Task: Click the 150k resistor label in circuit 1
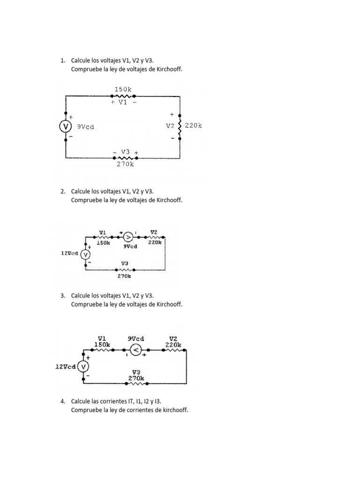[x=123, y=89]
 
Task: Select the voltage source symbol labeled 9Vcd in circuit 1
[x=66, y=127]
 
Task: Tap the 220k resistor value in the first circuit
[x=193, y=126]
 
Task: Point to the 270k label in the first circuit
[x=125, y=165]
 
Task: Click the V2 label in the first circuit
[x=170, y=126]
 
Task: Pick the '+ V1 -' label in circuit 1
[x=123, y=102]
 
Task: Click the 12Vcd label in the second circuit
[x=69, y=253]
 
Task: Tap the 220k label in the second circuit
[x=155, y=243]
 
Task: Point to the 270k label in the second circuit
[x=124, y=276]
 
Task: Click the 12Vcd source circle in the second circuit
[x=85, y=254]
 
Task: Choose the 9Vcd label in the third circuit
[x=136, y=338]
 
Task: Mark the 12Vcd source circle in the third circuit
[x=83, y=367]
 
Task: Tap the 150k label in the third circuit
[x=102, y=345]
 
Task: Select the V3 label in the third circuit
[x=136, y=372]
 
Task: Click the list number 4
[x=62, y=402]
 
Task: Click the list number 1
[x=62, y=60]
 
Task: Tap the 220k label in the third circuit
[x=173, y=345]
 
